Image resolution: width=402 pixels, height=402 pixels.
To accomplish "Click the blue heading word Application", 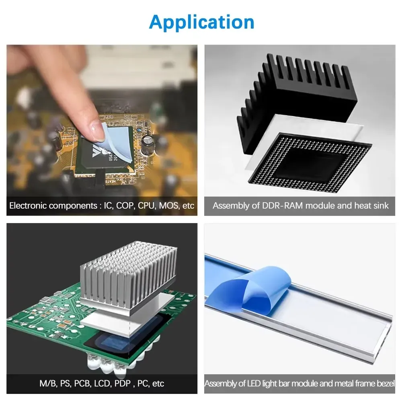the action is pos(201,23).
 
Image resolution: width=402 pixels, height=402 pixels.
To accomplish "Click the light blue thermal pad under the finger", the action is pos(117,144).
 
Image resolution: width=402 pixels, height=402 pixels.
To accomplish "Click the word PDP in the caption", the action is pos(123,384).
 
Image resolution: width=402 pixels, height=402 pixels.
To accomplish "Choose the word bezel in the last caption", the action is pos(386,384).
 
